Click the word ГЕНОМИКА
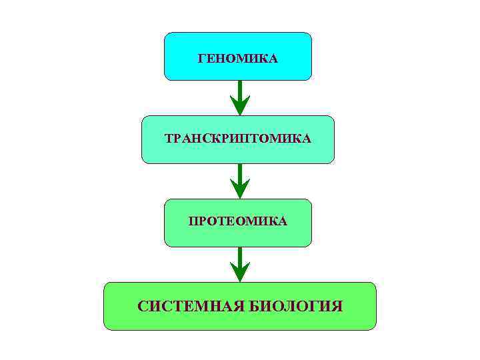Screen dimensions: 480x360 tap(238, 59)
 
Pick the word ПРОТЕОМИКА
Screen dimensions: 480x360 tap(238, 221)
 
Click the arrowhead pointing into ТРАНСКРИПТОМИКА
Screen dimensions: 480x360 tap(239, 107)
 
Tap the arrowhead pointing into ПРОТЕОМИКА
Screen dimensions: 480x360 tap(239, 190)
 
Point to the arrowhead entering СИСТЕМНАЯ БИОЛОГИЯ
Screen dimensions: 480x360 tap(239, 273)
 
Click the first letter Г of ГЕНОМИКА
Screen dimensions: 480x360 tap(202, 59)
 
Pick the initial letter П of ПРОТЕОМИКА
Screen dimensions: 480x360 tap(193, 221)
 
